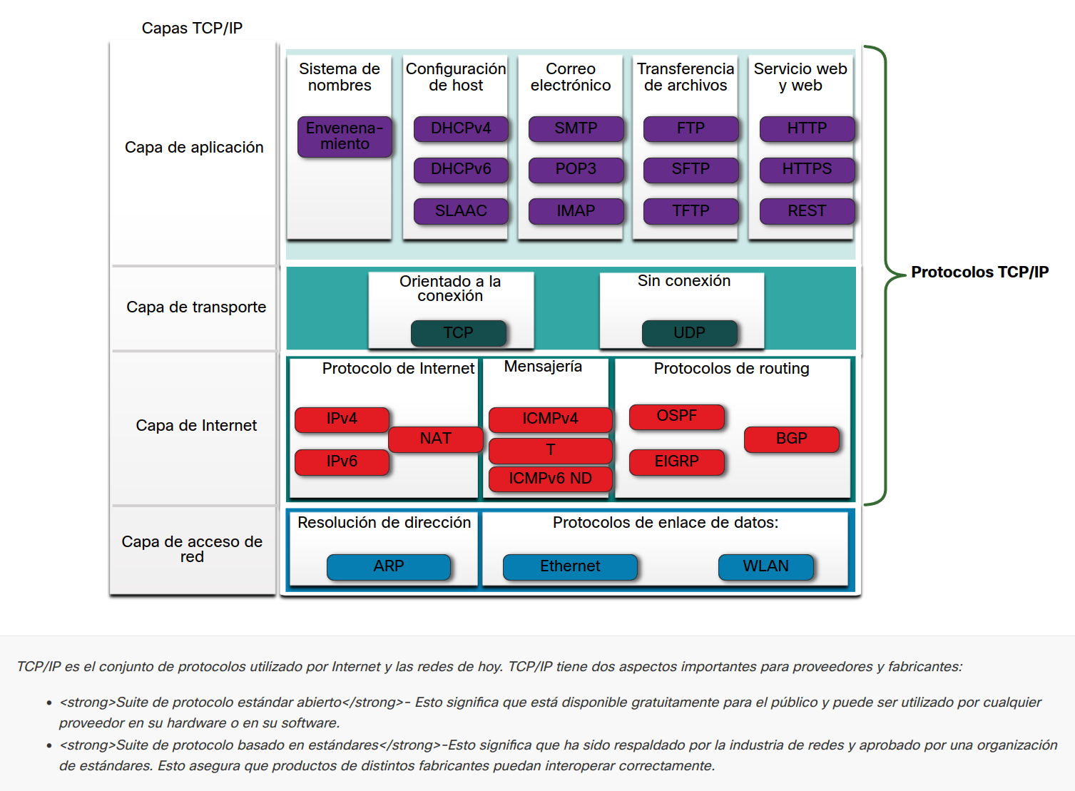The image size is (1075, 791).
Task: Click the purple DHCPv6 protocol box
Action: pos(461,170)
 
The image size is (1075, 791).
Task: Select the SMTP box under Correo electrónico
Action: pos(576,129)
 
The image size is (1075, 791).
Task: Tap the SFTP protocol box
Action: pos(691,170)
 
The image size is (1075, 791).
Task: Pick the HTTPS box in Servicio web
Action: pos(807,170)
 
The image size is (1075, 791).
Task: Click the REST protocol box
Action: pos(807,211)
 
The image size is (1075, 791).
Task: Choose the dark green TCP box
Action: pos(458,333)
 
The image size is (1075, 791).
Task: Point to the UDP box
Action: pos(689,333)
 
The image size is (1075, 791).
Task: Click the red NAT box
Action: pos(436,439)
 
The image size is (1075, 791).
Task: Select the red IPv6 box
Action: pos(342,461)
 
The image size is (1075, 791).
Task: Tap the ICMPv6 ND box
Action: pos(550,479)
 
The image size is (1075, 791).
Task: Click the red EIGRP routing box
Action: pos(676,461)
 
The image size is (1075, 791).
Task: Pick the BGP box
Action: pos(791,439)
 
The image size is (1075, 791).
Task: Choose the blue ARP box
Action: pos(389,566)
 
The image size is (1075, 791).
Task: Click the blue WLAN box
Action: pos(765,566)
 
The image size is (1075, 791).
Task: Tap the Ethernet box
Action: pos(570,566)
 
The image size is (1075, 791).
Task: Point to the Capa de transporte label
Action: pos(196,307)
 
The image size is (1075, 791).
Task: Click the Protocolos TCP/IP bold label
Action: pos(979,272)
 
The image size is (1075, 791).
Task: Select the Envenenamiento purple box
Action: pos(345,136)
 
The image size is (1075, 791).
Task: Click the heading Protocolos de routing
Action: pos(731,369)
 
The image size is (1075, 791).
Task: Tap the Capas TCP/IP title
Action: pos(192,29)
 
